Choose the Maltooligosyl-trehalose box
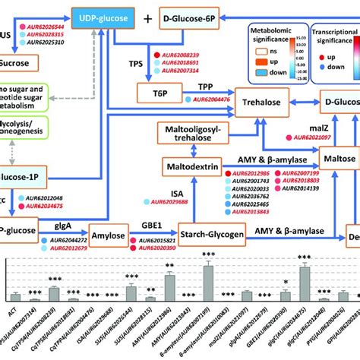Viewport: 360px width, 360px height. (x=200, y=135)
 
